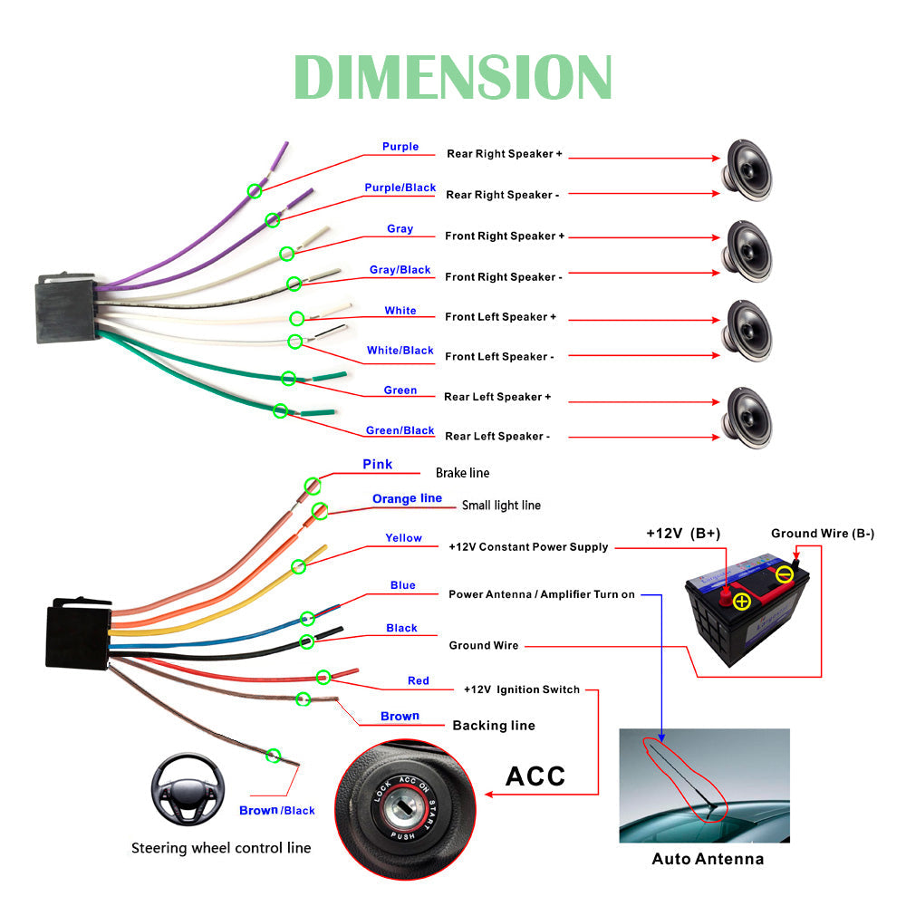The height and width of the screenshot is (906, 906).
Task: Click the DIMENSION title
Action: [x=453, y=78]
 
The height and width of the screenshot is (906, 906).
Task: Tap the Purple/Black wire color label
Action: [x=400, y=188]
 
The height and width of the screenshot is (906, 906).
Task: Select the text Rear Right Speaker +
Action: [x=504, y=154]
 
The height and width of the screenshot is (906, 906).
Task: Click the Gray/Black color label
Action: [x=400, y=270]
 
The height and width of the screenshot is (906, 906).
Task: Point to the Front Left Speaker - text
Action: [x=499, y=357]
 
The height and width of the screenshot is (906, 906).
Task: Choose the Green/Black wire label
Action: [x=400, y=430]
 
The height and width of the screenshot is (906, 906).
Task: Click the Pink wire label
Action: [x=378, y=465]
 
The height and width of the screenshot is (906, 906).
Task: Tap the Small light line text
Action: [x=501, y=506]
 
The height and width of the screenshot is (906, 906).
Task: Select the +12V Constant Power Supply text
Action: [x=528, y=547]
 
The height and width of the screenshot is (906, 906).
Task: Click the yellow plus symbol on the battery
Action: [x=742, y=601]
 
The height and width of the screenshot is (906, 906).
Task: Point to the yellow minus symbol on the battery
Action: [x=785, y=573]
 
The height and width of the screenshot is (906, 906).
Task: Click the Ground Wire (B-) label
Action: [x=822, y=534]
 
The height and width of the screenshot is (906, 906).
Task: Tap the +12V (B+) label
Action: [x=683, y=534]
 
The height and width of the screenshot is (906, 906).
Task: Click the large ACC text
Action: [x=535, y=776]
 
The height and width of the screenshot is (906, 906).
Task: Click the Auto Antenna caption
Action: [x=708, y=859]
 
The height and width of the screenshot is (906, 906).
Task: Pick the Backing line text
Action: [x=493, y=726]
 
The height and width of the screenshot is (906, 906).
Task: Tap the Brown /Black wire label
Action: [x=276, y=810]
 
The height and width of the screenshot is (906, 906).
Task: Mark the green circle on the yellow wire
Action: [x=298, y=566]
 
